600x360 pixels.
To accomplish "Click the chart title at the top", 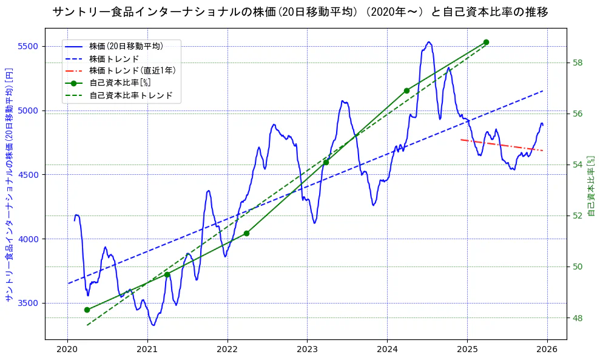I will tap(300, 12).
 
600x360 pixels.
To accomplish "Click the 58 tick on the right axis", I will tap(578, 63).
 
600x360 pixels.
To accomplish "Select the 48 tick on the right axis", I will tap(578, 318).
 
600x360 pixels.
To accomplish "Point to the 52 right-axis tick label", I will tap(578, 216).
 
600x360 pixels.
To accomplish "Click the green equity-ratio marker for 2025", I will tap(486, 42).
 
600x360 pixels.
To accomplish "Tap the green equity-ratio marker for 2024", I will tap(406, 90).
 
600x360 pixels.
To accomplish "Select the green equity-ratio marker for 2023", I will tap(326, 162).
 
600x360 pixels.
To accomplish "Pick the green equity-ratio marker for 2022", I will tap(246, 233).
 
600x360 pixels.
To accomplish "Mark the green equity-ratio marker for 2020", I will tap(87, 310).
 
